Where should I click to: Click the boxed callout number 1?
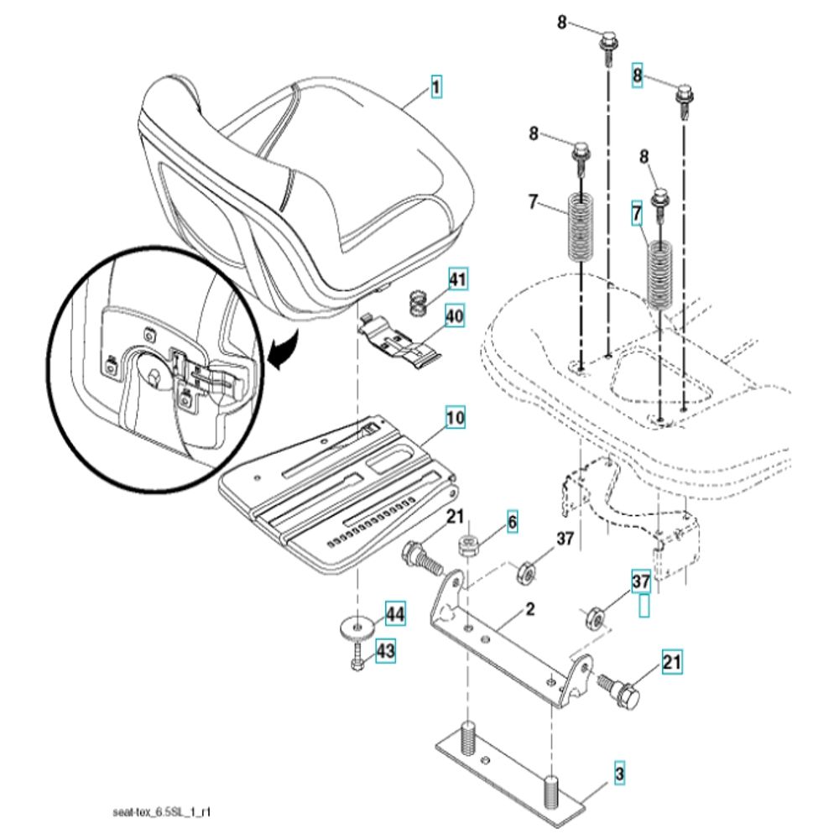pos(436,87)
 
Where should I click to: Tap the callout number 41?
pos(457,279)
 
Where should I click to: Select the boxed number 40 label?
pos(455,316)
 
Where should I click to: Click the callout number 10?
pos(455,417)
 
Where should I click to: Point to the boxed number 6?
pos(512,522)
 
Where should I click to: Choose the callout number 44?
pos(395,614)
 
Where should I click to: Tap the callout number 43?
pos(385,651)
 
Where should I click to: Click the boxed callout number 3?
pos(619,774)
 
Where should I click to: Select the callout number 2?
pos(529,609)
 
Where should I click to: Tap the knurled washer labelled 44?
pos(357,626)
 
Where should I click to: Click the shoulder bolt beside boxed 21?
pos(618,689)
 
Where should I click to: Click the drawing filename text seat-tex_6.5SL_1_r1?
pos(162,812)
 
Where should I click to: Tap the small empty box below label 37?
pos(644,607)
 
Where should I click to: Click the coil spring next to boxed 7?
pos(660,275)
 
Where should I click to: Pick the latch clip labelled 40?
pos(399,343)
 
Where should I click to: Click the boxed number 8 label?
pos(637,76)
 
